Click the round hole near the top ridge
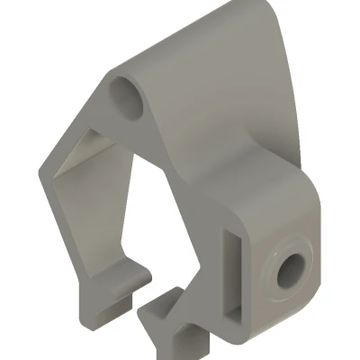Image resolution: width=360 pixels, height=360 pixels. (x=130, y=96)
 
